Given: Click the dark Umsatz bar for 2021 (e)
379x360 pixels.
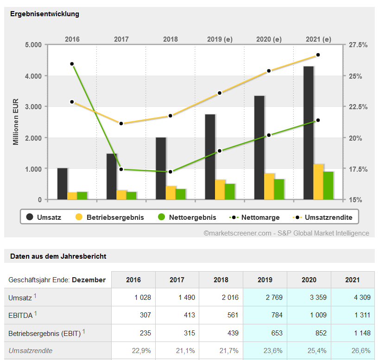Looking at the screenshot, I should [309, 133].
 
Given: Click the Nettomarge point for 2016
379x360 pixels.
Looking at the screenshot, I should [72, 64].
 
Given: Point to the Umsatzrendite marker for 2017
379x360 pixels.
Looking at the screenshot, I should [121, 124].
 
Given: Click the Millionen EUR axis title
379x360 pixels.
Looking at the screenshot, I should [16, 122].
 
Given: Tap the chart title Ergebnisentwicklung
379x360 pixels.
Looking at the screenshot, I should [44, 14].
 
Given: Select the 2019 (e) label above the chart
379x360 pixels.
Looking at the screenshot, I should [219, 39].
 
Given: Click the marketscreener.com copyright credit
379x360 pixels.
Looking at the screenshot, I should [286, 233].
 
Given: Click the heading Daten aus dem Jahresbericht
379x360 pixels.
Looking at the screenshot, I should [58, 256].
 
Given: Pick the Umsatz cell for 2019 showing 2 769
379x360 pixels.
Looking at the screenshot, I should [265, 298].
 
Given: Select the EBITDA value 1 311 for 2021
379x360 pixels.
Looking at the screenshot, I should [353, 315].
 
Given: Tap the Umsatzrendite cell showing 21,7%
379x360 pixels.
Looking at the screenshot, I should [221, 351].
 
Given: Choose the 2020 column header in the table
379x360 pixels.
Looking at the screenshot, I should [309, 280].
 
